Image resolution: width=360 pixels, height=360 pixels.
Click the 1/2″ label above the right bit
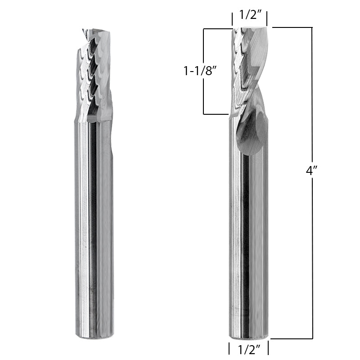pyautogui.click(x=249, y=15)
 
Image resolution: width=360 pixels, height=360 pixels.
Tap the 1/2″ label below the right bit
pyautogui.click(x=249, y=349)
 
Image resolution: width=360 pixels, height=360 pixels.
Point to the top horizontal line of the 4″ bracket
pyautogui.click(x=292, y=28)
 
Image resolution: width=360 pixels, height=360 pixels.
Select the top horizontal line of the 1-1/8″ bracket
pyautogui.click(x=216, y=29)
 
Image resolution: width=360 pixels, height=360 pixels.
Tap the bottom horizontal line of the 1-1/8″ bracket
pyautogui.click(x=216, y=114)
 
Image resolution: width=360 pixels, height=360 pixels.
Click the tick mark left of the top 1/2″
pyautogui.click(x=232, y=19)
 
